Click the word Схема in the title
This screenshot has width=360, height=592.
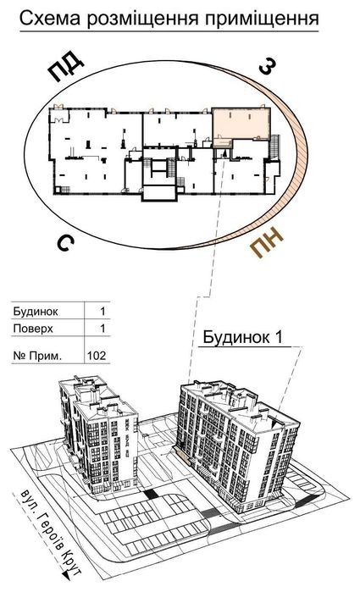[x=49, y=18]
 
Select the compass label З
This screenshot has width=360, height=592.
[x=268, y=67]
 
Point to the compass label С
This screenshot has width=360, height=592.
[x=65, y=244]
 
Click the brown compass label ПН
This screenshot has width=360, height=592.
[x=267, y=243]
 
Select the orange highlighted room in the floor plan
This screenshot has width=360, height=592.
[x=241, y=124]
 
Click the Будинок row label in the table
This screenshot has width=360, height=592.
[x=36, y=312]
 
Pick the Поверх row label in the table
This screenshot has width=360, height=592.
[x=33, y=329]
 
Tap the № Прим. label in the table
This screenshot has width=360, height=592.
[x=37, y=356]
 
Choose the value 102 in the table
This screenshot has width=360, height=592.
[x=97, y=356]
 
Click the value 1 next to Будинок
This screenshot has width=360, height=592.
[x=102, y=312]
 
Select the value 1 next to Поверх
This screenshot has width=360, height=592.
[x=102, y=329]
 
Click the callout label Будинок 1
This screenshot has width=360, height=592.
[x=243, y=337]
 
